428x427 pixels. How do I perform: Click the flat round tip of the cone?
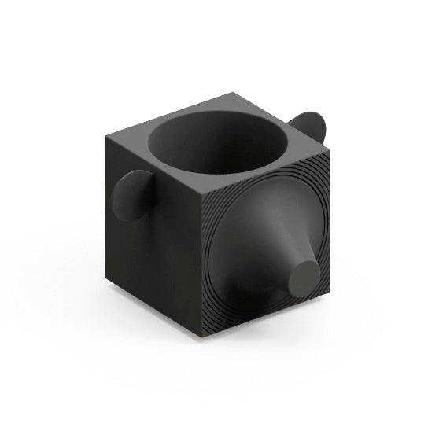point(303,276)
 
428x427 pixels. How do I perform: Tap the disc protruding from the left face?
point(130,197)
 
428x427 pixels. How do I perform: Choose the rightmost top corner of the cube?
point(326,144)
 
